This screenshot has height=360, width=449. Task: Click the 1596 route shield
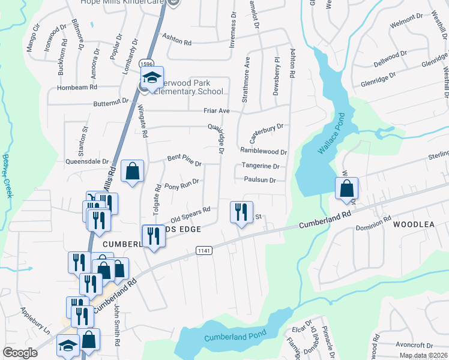pyautogui.click(x=146, y=63)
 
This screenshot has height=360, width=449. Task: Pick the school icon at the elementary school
pyautogui.click(x=151, y=77)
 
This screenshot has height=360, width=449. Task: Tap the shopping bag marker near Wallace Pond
pyautogui.click(x=347, y=188)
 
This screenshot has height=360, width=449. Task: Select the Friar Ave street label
pyautogui.click(x=217, y=111)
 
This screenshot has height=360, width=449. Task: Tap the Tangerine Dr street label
pyautogui.click(x=261, y=166)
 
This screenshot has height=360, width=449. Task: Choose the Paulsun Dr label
pyautogui.click(x=260, y=179)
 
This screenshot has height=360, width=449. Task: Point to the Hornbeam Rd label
pyautogui.click(x=77, y=87)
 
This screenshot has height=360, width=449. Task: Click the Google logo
pyautogui.click(x=20, y=353)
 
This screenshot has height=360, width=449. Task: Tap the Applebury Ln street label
pyautogui.click(x=35, y=321)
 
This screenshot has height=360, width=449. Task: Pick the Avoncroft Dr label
pyautogui.click(x=414, y=345)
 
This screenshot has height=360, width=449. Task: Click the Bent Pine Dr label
pyautogui.click(x=184, y=160)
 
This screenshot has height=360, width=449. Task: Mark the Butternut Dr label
pyautogui.click(x=111, y=102)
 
